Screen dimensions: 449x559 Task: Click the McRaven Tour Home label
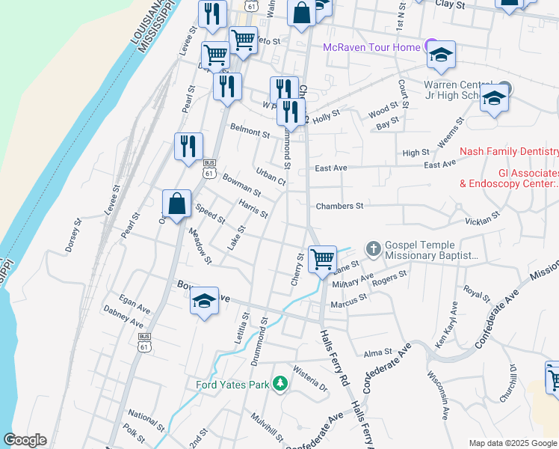[x=371, y=48]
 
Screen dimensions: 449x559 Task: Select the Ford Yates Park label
[x=232, y=385]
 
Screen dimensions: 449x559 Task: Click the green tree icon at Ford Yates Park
[x=280, y=384]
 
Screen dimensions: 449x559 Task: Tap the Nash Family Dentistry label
[x=508, y=151]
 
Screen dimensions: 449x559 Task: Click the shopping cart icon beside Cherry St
[x=322, y=260]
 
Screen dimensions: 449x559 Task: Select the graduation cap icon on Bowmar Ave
[x=204, y=301]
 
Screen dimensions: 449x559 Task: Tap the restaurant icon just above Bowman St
[x=189, y=144]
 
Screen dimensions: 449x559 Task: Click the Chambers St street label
[x=339, y=206]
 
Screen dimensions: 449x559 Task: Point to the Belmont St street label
[x=250, y=133]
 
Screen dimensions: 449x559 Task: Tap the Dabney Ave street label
[x=123, y=317]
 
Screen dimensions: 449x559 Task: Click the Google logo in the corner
[x=25, y=440]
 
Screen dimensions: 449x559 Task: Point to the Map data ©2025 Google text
[x=513, y=443]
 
